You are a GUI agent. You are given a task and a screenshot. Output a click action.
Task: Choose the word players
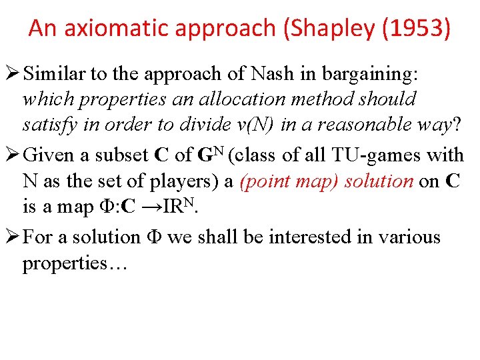pos(196,181)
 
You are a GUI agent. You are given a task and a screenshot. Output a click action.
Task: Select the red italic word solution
pos(379,181)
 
